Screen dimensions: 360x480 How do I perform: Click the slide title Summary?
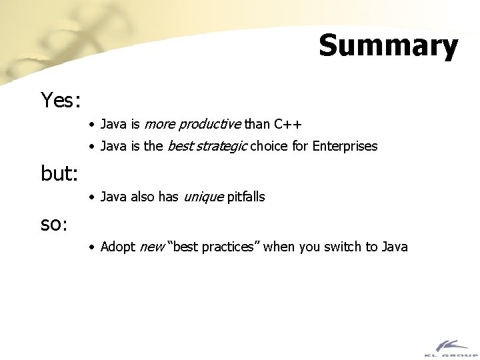[x=388, y=46]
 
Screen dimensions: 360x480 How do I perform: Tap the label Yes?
[x=61, y=101]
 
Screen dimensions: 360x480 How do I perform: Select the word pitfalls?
[x=246, y=197]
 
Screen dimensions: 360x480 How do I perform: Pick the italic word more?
[x=158, y=124]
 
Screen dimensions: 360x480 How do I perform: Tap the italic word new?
[x=151, y=247]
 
